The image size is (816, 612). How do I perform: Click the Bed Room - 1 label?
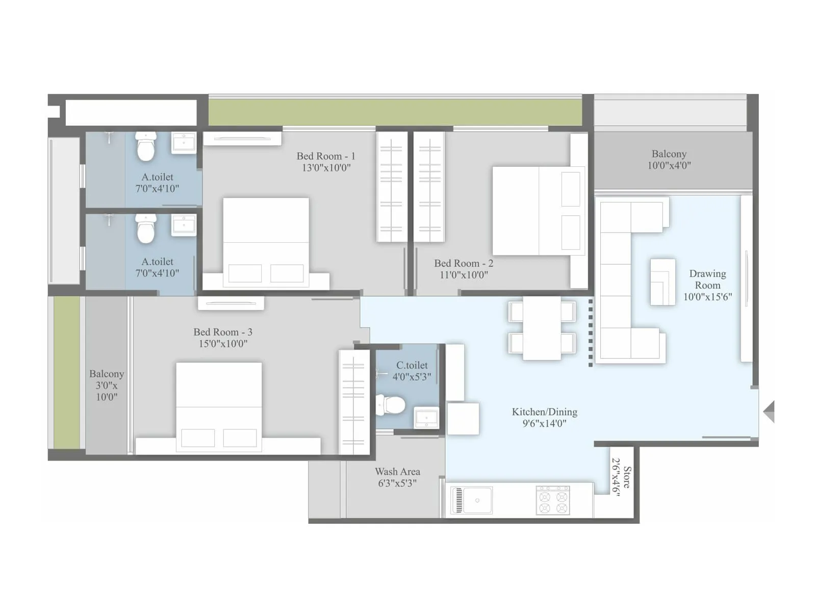coord(325,156)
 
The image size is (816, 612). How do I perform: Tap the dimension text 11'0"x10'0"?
coord(464,275)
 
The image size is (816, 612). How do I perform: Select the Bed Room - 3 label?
coord(223,332)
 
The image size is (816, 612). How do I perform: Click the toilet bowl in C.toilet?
coord(391,405)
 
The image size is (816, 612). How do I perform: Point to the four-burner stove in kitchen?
coord(553,499)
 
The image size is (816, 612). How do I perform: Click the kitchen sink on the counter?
coord(473,500)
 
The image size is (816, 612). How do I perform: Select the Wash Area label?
coord(397,472)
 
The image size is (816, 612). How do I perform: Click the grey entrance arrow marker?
coord(769,411)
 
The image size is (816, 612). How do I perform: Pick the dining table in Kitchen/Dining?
coord(542,327)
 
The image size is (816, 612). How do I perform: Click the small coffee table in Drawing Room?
coord(662,282)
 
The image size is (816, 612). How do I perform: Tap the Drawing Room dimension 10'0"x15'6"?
coord(707,297)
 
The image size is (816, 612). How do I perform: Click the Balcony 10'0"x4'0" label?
coord(669,159)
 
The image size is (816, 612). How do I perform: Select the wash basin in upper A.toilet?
coord(184,142)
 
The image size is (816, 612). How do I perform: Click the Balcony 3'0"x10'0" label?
coord(106,385)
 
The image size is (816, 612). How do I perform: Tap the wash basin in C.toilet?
coord(426,418)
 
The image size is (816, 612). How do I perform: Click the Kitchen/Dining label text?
coord(544,412)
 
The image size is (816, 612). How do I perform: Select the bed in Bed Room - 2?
coord(538,211)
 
